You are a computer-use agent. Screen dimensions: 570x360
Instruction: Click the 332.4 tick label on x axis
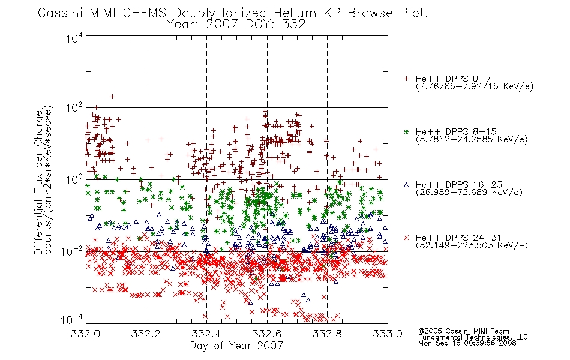(207, 334)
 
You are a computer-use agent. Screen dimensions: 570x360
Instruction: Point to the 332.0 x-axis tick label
(85, 334)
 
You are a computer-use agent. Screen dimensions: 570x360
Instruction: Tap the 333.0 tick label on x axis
(388, 334)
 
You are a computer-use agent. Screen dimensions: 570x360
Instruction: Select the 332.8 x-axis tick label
(328, 334)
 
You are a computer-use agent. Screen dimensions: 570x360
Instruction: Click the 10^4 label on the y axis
(74, 38)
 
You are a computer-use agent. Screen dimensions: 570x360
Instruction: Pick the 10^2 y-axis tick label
(74, 107)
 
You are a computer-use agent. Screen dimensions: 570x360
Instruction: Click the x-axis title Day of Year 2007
(236, 346)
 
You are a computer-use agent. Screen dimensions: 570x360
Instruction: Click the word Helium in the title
(295, 13)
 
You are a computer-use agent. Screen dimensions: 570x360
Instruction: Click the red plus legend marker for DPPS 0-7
(406, 79)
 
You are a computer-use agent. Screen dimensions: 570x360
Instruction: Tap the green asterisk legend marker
(406, 131)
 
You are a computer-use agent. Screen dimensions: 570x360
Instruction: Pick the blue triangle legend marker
(406, 185)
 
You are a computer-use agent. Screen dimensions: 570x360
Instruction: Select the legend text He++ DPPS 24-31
(458, 238)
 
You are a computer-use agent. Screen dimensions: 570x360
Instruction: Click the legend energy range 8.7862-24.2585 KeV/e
(472, 139)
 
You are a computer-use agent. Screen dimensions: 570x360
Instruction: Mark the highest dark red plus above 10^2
(112, 97)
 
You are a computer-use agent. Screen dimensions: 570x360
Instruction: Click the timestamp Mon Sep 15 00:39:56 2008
(467, 343)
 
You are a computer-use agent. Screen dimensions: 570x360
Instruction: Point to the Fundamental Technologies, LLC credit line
(473, 337)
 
